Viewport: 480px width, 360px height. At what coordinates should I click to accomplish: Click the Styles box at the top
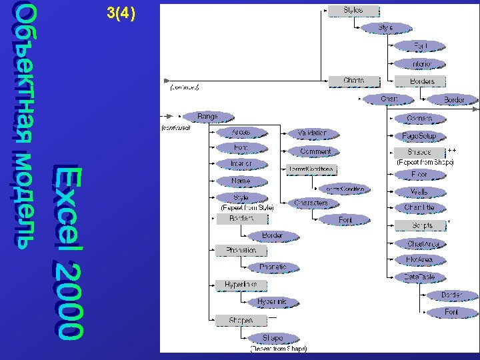click(x=353, y=11)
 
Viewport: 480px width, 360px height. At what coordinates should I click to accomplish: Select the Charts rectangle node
click(x=353, y=81)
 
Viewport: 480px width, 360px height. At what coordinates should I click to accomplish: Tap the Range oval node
click(x=207, y=117)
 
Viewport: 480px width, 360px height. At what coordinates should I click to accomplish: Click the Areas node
click(x=241, y=132)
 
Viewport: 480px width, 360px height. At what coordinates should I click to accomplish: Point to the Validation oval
click(x=312, y=133)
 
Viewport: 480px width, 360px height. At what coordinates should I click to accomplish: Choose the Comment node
click(x=315, y=151)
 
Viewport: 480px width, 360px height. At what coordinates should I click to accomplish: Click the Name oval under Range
click(x=241, y=181)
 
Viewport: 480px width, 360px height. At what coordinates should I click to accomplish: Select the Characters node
click(x=311, y=203)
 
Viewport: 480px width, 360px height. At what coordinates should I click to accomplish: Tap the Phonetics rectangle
click(x=241, y=250)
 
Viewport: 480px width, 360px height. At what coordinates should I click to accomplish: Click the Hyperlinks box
click(x=241, y=285)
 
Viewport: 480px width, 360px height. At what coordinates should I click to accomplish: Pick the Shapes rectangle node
click(x=241, y=320)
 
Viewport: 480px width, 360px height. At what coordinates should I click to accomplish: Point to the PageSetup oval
click(x=419, y=136)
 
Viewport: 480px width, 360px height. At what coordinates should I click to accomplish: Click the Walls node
click(x=419, y=192)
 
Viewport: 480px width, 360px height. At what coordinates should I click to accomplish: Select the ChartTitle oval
click(x=419, y=208)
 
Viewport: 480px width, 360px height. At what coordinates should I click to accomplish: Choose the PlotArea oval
click(x=419, y=260)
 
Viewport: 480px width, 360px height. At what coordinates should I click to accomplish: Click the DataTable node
click(x=419, y=277)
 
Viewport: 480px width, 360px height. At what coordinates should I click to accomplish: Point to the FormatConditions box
click(x=311, y=169)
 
